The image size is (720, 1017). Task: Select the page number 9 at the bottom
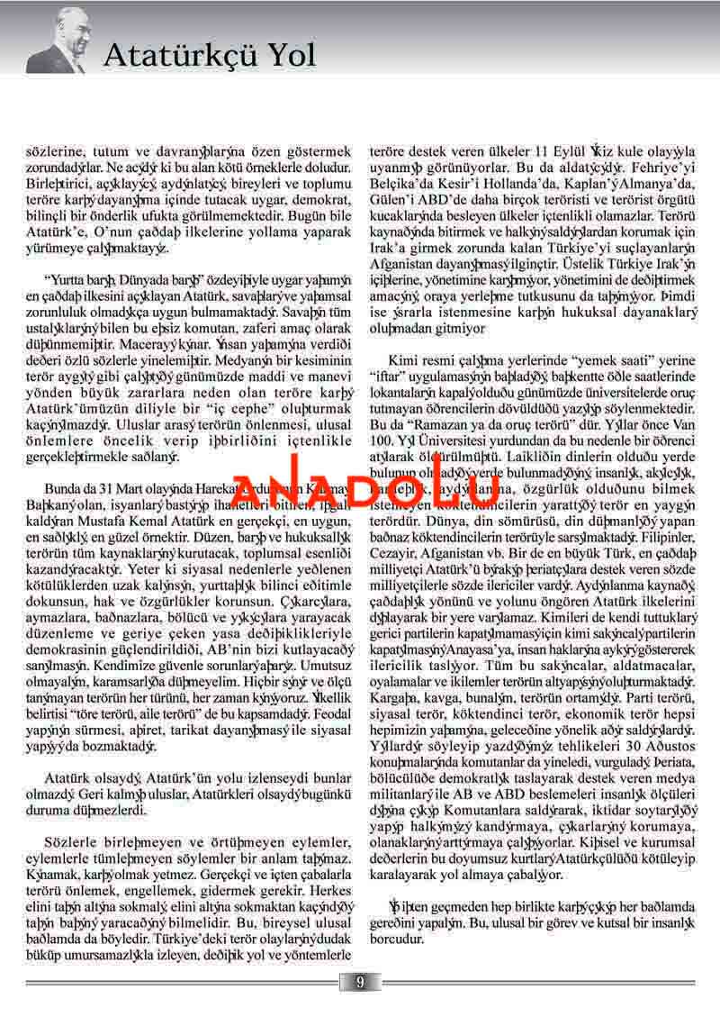tap(359, 982)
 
